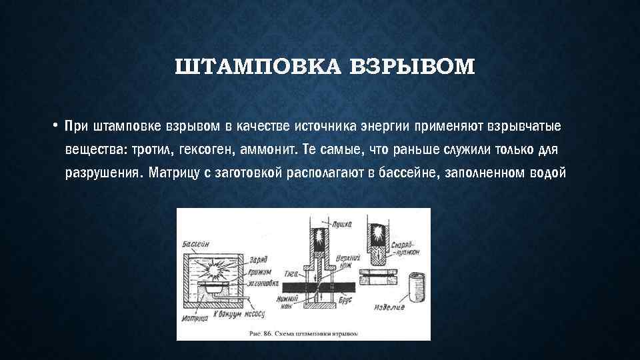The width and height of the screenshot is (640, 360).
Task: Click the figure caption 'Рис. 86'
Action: (x=303, y=331)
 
